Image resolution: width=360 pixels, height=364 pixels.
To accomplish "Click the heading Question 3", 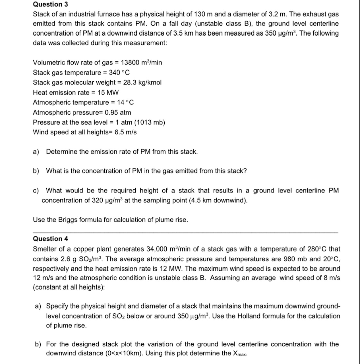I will [51, 4].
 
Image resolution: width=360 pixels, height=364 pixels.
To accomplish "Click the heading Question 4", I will [51, 239].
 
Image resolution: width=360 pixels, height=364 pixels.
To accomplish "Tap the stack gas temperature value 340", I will [115, 73].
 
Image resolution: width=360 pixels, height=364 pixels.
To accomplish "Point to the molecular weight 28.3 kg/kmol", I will [142, 82].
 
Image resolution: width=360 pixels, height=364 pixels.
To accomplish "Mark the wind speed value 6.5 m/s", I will [125, 132].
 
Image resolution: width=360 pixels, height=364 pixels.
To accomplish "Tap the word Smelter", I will [45, 249].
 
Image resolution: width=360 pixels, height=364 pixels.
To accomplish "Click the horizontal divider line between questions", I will [186, 232].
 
